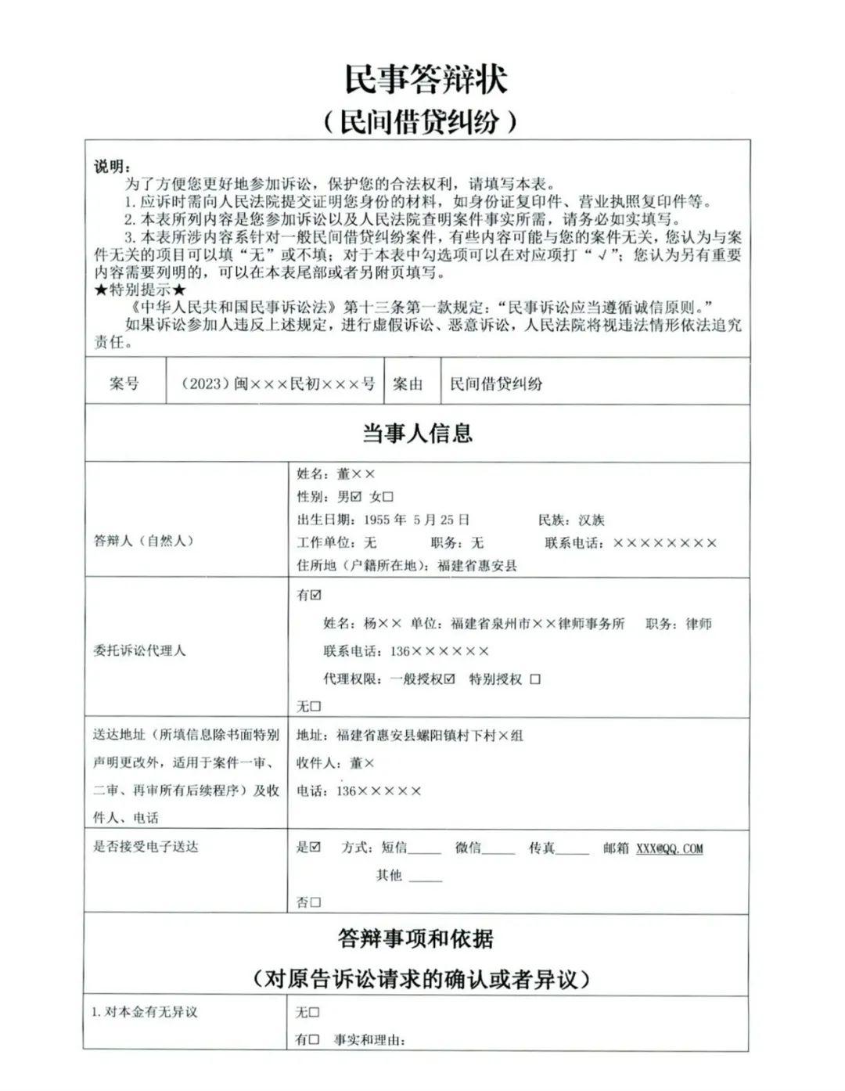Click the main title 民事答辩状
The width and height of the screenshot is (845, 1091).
point(426,79)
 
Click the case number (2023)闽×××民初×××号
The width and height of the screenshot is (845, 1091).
point(278,383)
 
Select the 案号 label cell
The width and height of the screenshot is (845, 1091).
point(124,383)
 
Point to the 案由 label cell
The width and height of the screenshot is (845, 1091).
point(408,383)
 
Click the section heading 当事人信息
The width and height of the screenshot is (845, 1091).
point(417,434)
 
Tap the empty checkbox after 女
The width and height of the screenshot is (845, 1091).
point(388,497)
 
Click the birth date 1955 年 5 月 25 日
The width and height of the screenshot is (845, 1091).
point(415,520)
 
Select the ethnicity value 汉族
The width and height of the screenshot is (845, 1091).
point(591,520)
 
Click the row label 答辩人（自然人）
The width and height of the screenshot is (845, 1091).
point(143,541)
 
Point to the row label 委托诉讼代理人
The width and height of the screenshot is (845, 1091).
point(139,650)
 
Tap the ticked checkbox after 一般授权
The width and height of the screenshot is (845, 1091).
point(449,679)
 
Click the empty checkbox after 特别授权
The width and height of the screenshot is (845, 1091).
point(535,679)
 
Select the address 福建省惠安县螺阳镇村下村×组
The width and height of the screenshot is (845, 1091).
point(430,736)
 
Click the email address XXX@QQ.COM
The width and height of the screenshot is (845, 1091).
point(669,848)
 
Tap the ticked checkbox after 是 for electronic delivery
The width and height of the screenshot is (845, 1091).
point(315,847)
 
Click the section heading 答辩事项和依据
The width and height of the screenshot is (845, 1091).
point(416,938)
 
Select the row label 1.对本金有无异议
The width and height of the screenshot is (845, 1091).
point(145,1012)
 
